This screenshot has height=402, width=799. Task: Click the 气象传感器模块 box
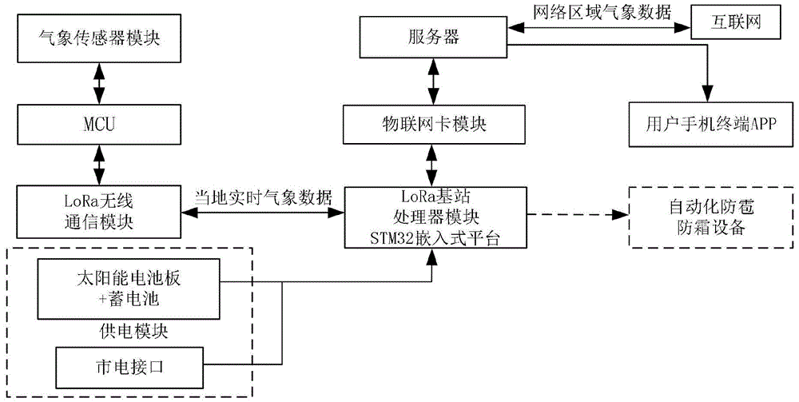click(x=98, y=38)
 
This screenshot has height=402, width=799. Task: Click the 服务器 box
click(x=432, y=38)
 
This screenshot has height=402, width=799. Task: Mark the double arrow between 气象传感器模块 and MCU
click(x=98, y=82)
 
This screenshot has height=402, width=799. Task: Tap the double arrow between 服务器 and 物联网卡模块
click(x=432, y=82)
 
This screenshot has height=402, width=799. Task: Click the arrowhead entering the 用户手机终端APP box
click(x=708, y=96)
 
